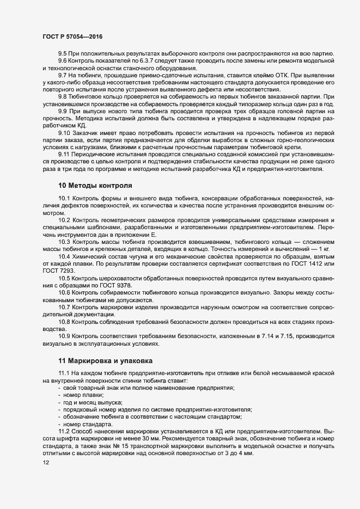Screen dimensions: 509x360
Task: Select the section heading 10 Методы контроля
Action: [95, 185]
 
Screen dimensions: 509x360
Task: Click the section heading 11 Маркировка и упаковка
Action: [106, 360]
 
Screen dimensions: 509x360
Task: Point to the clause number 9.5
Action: [63, 53]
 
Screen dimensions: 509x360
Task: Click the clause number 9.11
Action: [65, 154]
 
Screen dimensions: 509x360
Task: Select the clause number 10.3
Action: [65, 241]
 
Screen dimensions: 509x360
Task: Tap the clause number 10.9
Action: [65, 337]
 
